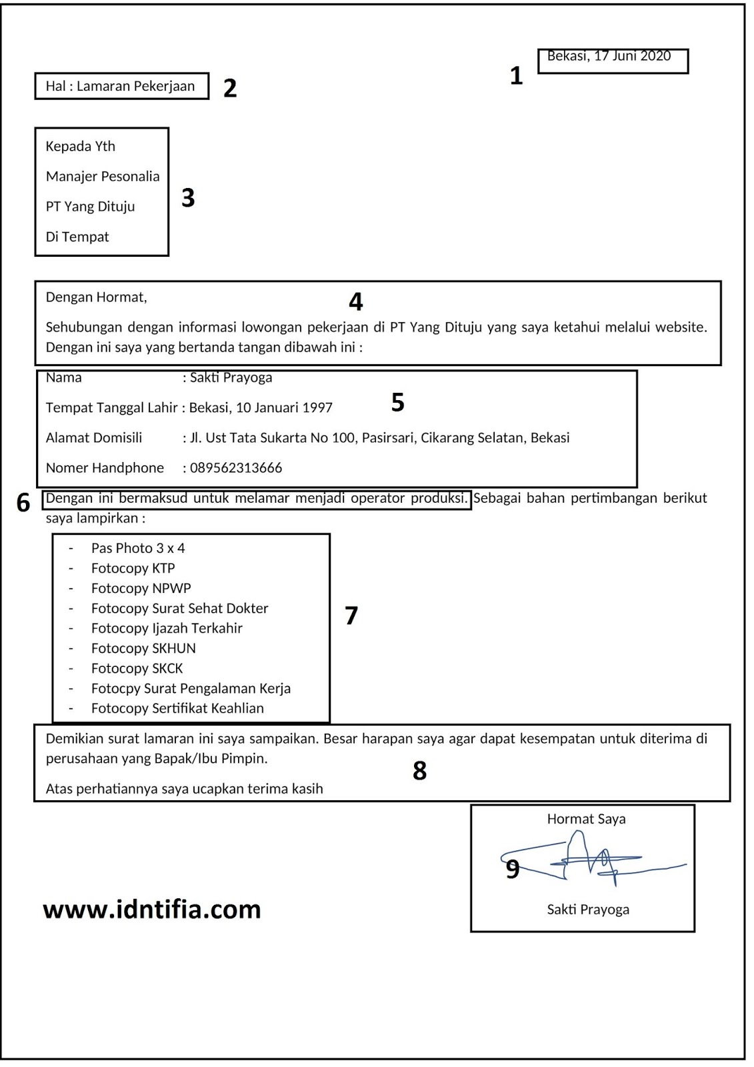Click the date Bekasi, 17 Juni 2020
coord(609,56)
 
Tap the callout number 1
coord(516,76)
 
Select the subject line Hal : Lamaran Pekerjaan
coord(120,86)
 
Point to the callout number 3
coord(188,198)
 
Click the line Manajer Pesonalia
coord(103,177)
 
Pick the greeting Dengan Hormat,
coord(96,297)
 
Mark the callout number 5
coord(397,403)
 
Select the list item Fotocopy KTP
coord(133,568)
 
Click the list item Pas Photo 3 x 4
coord(138,548)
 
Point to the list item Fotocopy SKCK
coord(137,668)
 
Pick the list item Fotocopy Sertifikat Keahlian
coord(177,708)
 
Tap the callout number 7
coord(351,616)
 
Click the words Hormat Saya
coord(586,819)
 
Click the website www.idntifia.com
coord(152,910)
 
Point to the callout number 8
coord(419,771)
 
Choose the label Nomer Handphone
coord(105,468)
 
